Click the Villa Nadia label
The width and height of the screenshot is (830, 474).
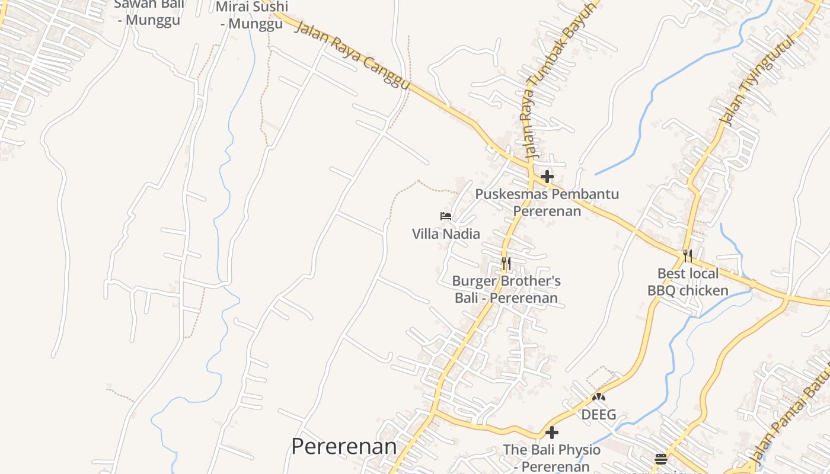[x=446, y=233]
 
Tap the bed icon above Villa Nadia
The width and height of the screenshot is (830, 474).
[x=446, y=216]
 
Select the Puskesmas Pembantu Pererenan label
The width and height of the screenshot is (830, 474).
[x=547, y=202]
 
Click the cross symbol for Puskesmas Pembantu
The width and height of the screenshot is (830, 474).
[x=547, y=176]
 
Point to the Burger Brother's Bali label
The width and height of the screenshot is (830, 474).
[x=506, y=289]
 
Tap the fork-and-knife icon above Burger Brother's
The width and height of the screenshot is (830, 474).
[x=506, y=262]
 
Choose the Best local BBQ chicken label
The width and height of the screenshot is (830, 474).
[x=688, y=282]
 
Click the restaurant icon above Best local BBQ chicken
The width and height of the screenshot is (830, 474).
[x=688, y=256]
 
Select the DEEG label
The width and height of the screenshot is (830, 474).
[x=599, y=414]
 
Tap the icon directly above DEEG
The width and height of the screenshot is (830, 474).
[x=599, y=397]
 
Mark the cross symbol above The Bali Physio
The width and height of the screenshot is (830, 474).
[x=552, y=433]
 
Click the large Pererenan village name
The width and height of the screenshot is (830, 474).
[x=344, y=446]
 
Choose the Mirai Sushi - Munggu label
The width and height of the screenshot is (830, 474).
[x=252, y=15]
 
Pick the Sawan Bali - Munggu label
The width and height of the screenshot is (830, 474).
[x=149, y=12]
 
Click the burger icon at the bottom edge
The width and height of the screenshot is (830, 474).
[x=661, y=459]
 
